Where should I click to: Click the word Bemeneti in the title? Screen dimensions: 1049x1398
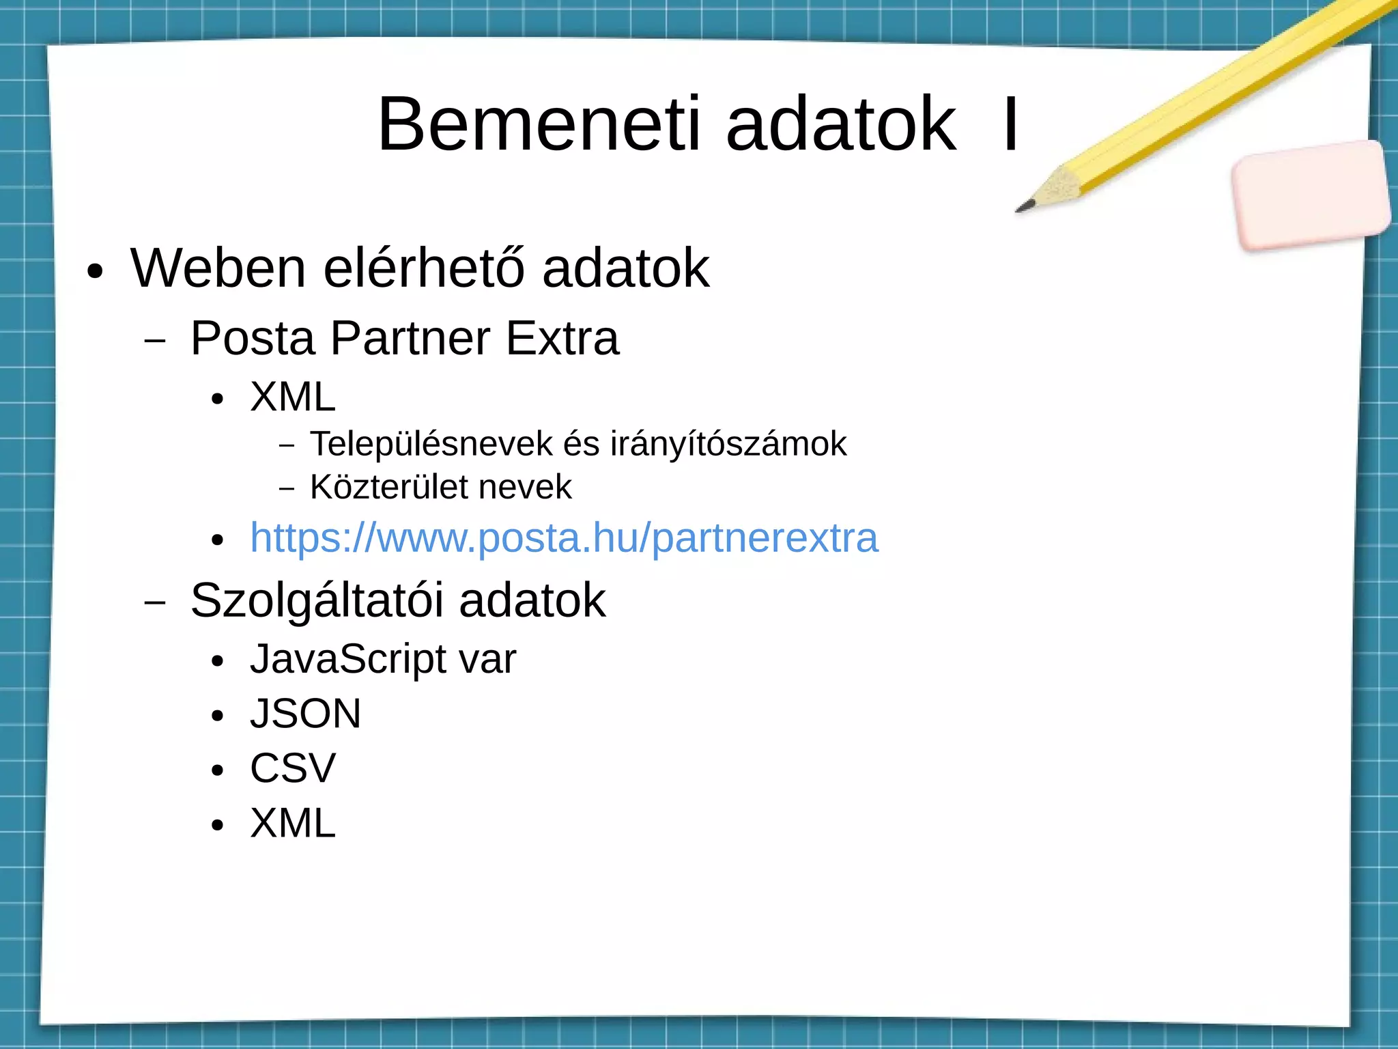539,125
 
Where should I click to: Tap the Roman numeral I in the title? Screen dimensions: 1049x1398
1010,125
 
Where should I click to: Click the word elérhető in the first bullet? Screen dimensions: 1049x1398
424,268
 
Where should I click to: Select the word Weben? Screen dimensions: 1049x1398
218,268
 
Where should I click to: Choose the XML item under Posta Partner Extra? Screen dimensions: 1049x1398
293,397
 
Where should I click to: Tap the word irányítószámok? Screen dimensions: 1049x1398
728,444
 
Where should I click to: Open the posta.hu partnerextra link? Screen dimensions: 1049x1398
564,537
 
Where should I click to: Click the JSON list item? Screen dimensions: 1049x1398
305,714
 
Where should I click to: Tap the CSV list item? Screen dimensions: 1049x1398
293,768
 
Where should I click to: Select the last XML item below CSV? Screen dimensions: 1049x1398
293,823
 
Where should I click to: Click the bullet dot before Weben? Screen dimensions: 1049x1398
95,272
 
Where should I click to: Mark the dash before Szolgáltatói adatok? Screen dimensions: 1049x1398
155,602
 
